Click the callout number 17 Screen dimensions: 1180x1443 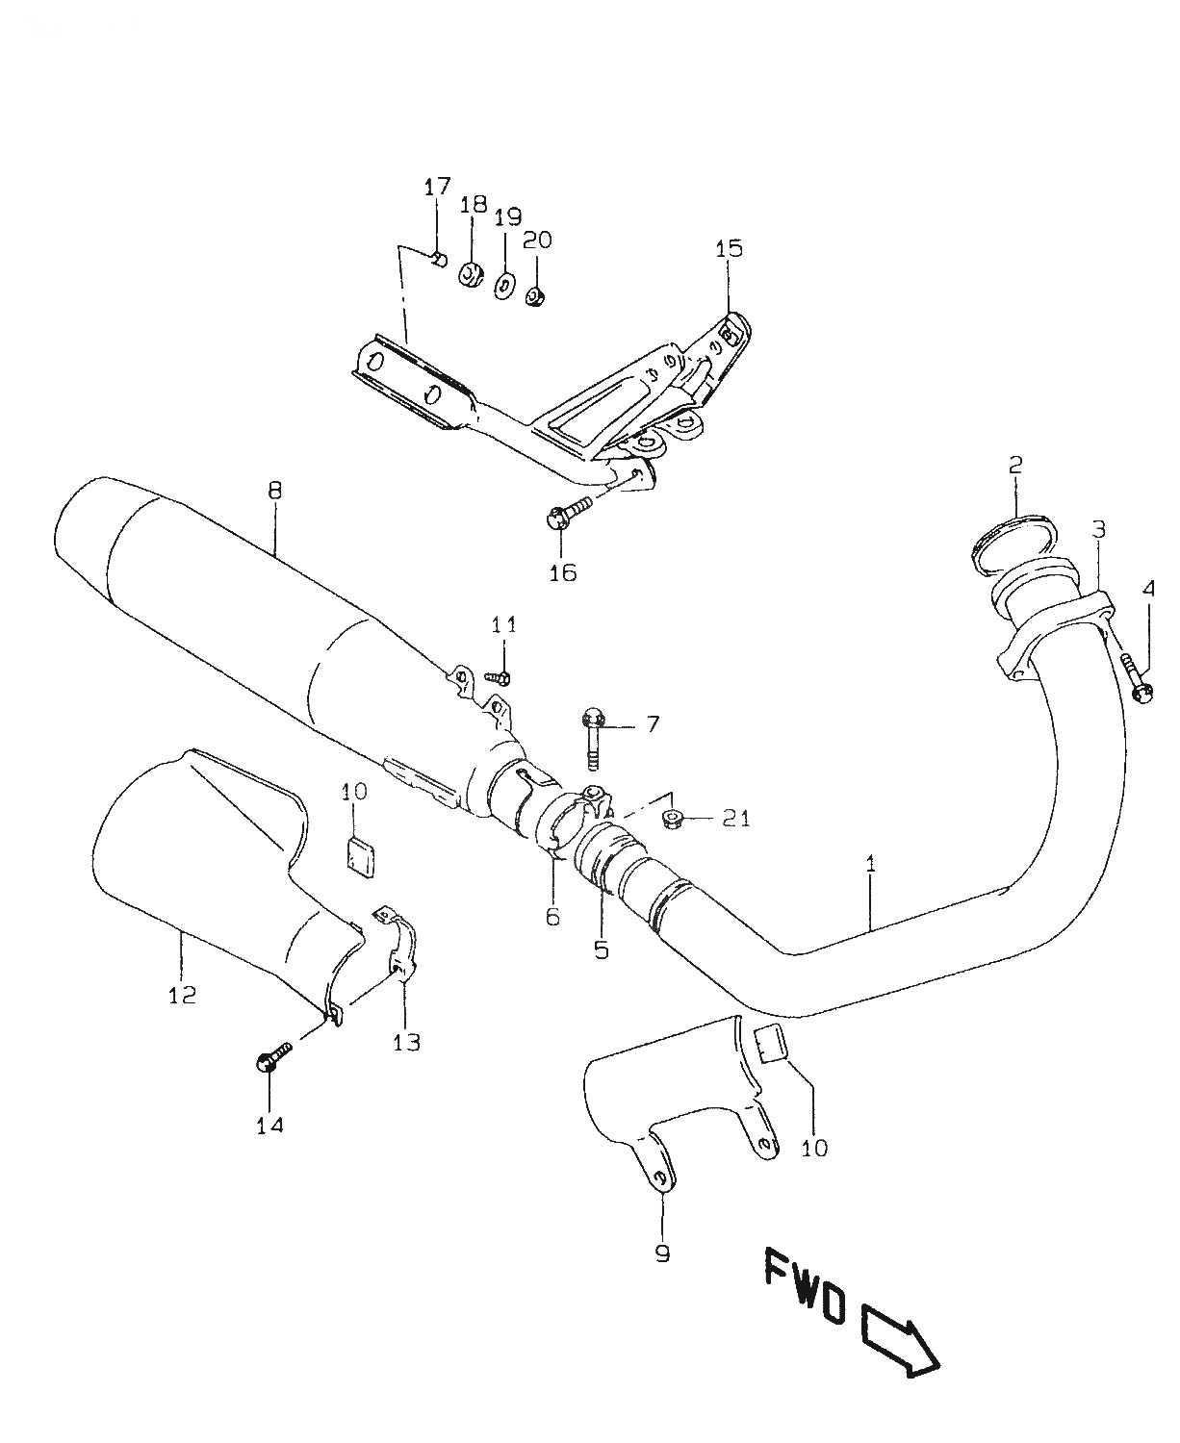pyautogui.click(x=438, y=187)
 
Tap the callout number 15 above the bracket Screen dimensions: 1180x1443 pyautogui.click(x=729, y=248)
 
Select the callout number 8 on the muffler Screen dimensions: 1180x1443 pyautogui.click(x=274, y=490)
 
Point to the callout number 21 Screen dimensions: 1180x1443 pyautogui.click(x=736, y=819)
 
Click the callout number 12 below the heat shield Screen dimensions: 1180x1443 pyautogui.click(x=182, y=994)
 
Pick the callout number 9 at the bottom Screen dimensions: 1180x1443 pyautogui.click(x=662, y=1253)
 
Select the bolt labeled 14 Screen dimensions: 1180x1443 pyautogui.click(x=273, y=1060)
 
